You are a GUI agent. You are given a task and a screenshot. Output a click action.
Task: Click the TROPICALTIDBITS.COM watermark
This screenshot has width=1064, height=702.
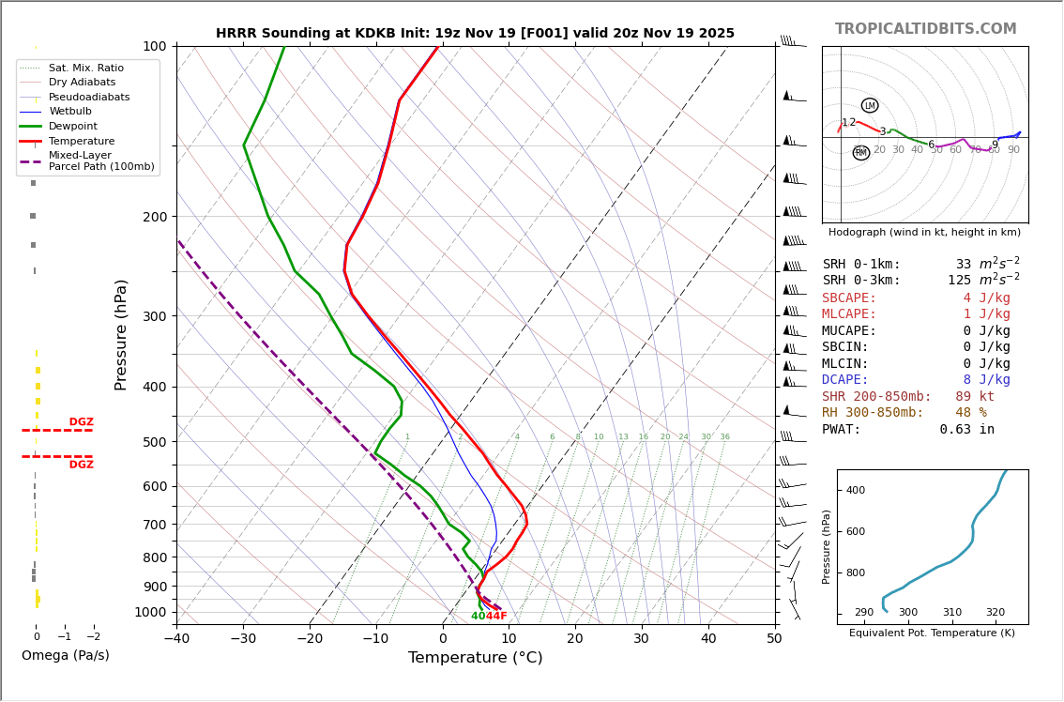pyautogui.click(x=925, y=29)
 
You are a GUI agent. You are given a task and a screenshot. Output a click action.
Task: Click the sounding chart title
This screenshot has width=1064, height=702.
pyautogui.click(x=475, y=33)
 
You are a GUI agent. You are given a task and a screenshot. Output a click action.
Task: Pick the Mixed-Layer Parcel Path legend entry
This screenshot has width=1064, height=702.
pyautogui.click(x=100, y=160)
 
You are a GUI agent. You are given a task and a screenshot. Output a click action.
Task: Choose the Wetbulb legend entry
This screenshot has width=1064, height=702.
pyautogui.click(x=70, y=112)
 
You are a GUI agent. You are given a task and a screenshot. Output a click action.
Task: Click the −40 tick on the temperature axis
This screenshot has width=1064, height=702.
pyautogui.click(x=176, y=639)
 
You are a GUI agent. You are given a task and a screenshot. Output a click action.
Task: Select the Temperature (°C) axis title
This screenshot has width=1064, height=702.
pyautogui.click(x=475, y=658)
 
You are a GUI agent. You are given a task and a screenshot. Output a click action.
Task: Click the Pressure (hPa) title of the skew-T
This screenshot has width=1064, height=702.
pyautogui.click(x=121, y=334)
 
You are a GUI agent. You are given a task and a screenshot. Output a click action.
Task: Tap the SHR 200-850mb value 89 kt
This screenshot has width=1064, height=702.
pyautogui.click(x=975, y=397)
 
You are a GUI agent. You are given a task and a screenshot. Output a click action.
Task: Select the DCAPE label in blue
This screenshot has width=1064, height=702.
pyautogui.click(x=849, y=380)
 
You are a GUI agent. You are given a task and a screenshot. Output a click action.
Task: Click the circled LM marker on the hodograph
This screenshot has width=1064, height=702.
pyautogui.click(x=870, y=105)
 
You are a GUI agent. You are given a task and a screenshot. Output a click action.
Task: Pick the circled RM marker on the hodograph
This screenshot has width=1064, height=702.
pyautogui.click(x=860, y=152)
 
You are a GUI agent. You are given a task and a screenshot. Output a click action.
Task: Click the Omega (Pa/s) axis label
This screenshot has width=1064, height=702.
pyautogui.click(x=65, y=655)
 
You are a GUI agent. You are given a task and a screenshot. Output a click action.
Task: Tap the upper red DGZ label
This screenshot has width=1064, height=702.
pyautogui.click(x=81, y=422)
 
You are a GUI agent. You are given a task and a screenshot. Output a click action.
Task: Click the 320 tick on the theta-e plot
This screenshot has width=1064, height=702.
pyautogui.click(x=995, y=613)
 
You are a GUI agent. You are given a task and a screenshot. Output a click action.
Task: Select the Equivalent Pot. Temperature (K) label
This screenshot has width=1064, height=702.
pyautogui.click(x=932, y=633)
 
